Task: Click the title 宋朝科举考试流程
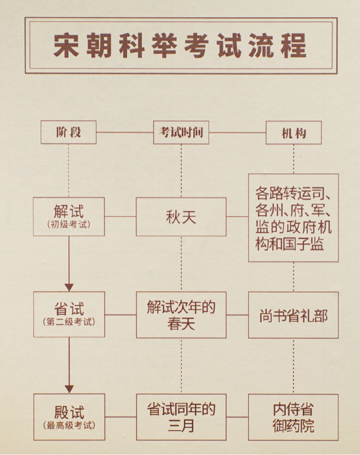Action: coord(180,45)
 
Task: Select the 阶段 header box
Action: coord(69,133)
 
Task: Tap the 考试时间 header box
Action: coord(181,133)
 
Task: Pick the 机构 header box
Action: coord(294,133)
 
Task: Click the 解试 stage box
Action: coord(69,216)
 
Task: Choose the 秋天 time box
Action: coord(181,217)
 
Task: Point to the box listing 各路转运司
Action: coord(293,218)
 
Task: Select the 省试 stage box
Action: coord(69,314)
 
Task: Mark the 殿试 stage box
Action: coord(69,416)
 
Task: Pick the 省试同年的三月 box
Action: coord(181,417)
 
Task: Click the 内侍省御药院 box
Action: coord(293,417)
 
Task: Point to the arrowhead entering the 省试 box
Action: coord(69,287)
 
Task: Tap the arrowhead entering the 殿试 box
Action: coord(69,389)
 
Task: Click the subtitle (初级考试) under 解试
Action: coord(69,225)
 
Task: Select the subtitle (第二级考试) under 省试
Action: coord(69,323)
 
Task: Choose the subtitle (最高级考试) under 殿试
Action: coord(69,425)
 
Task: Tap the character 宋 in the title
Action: coord(66,45)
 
